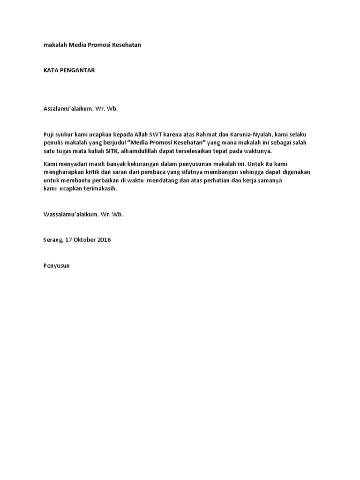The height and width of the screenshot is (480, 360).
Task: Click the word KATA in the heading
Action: [x=50, y=70]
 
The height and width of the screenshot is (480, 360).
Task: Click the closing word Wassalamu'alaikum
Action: [x=69, y=214]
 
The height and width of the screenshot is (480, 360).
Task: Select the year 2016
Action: [x=105, y=240]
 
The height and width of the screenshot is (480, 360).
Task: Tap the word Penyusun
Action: [x=56, y=266]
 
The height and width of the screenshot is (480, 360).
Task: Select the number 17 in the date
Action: [x=69, y=240]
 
